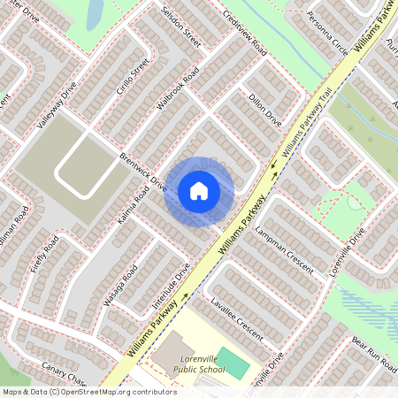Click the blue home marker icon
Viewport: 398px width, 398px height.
pos(199,191)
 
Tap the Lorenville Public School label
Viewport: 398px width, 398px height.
pos(199,364)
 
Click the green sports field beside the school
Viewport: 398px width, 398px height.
pos(233,361)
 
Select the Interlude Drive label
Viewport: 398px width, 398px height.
pos(172,289)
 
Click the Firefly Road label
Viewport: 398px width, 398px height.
pos(45,254)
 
